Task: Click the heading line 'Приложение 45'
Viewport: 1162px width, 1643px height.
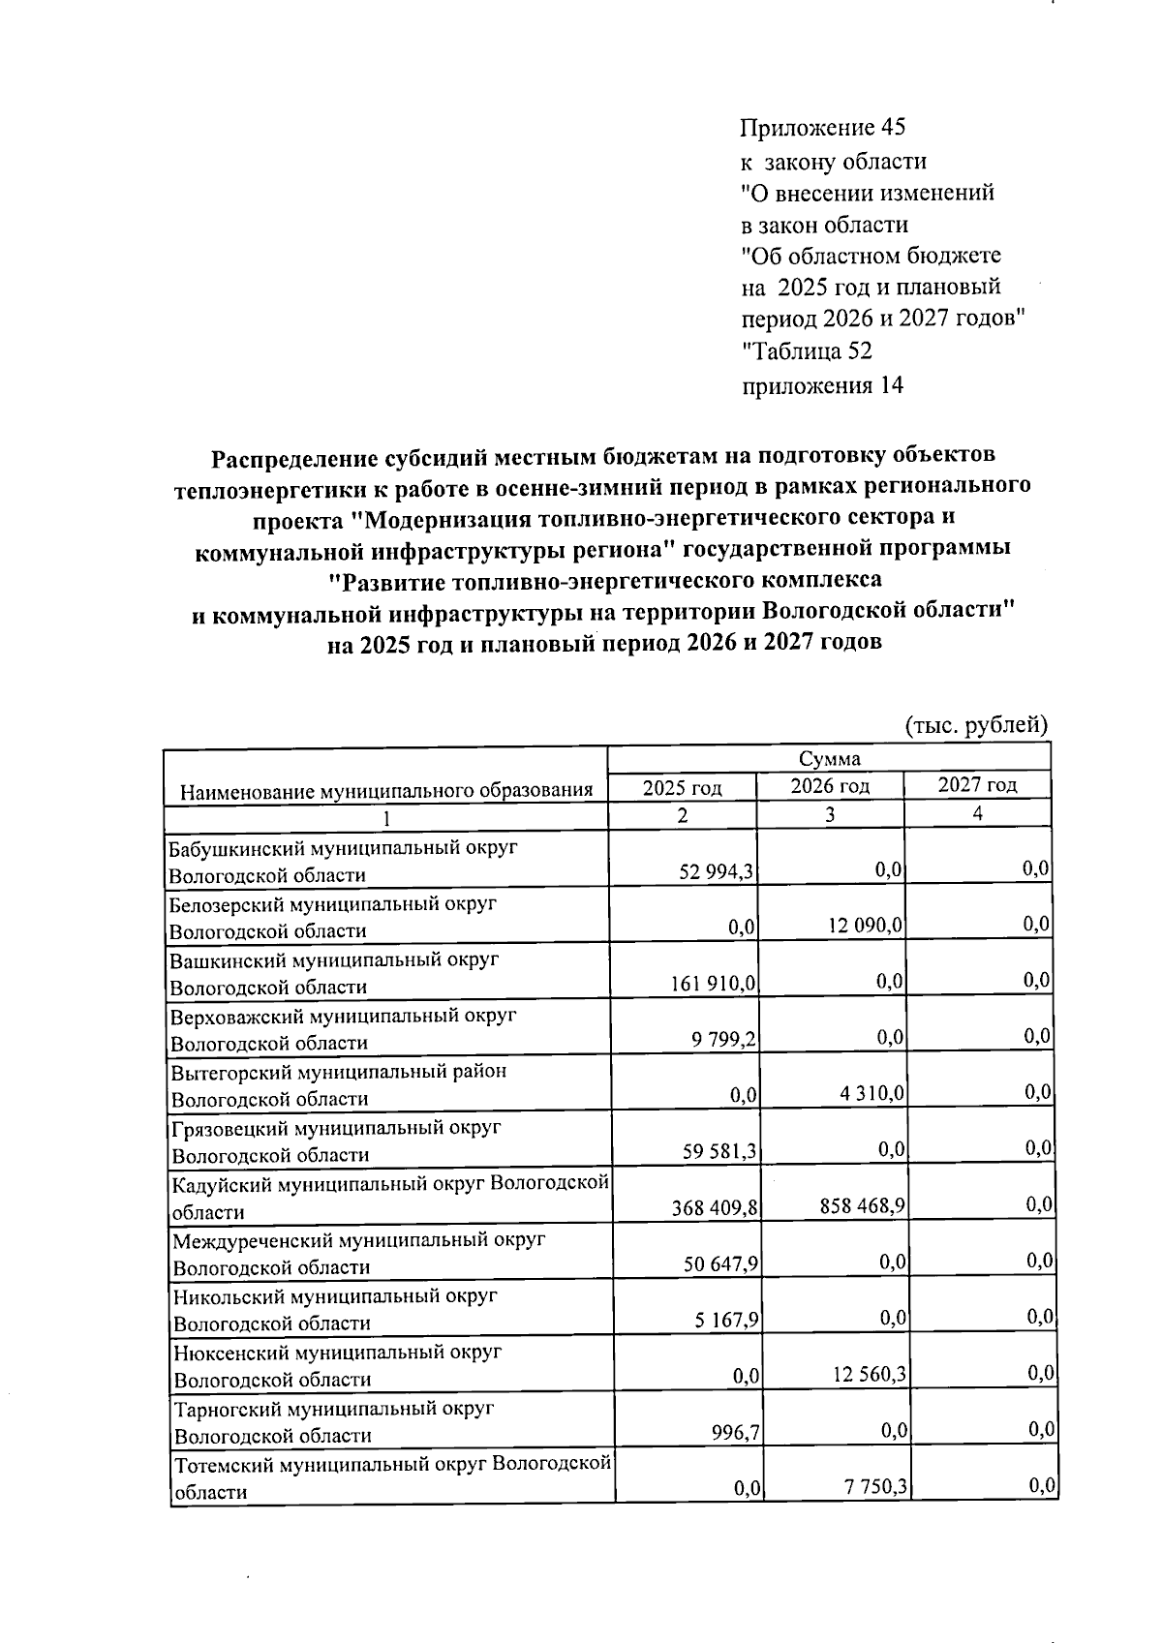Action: (x=822, y=128)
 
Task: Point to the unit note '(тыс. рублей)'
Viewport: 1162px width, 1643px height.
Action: (x=976, y=725)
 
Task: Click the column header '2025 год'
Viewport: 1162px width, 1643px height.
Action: (x=683, y=788)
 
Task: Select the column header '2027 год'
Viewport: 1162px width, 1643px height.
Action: (x=977, y=785)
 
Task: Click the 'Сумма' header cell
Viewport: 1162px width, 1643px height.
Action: (x=829, y=759)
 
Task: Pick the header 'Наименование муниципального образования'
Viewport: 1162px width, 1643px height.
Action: (x=386, y=791)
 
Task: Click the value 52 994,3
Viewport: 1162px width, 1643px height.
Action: (x=718, y=872)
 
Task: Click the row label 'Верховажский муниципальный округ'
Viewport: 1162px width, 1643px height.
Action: (x=344, y=1017)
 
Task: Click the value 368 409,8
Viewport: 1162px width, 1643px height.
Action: (x=715, y=1208)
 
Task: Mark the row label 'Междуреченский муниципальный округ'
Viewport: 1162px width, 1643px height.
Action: (x=358, y=1240)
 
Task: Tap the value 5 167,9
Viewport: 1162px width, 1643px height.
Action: (x=726, y=1321)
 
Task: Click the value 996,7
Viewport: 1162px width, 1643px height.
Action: (x=735, y=1432)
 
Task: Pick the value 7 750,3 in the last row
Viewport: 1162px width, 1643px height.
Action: (x=874, y=1487)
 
